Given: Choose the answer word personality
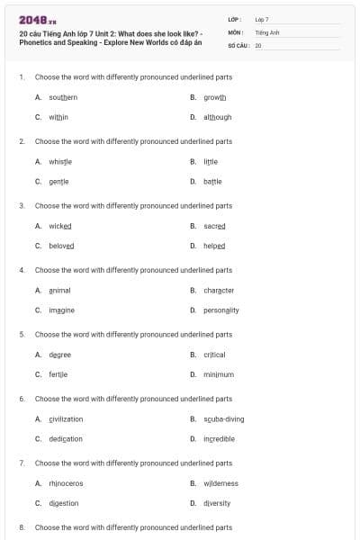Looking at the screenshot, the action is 221,310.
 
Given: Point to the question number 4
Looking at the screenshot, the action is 22,270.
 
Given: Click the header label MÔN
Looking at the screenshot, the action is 236,31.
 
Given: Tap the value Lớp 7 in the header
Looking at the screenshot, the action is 262,19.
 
